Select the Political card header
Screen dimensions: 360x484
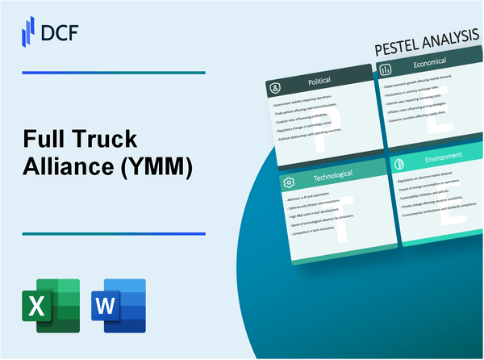[x=307, y=82]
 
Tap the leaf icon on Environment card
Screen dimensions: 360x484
[x=396, y=161]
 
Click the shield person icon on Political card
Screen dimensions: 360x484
[x=274, y=86]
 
